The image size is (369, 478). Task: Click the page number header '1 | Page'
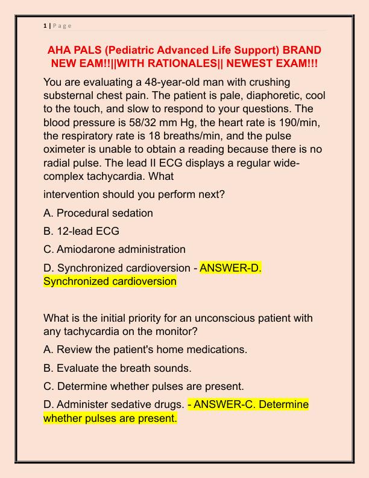(57, 25)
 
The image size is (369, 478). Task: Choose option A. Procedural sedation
(98, 213)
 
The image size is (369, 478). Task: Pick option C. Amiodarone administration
(115, 249)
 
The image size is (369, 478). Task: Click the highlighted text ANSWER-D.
(230, 267)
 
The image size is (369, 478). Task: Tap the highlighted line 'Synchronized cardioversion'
(110, 281)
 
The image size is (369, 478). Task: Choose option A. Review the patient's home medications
(145, 349)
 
